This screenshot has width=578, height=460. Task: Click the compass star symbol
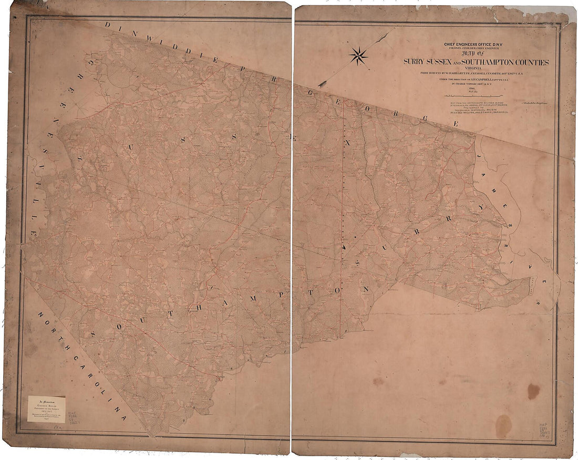point(358,55)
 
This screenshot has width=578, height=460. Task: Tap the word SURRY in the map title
point(415,62)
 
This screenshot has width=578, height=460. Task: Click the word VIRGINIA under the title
point(477,68)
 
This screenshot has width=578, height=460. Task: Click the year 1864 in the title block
point(477,89)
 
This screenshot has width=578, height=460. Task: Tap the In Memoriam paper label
point(46,409)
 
